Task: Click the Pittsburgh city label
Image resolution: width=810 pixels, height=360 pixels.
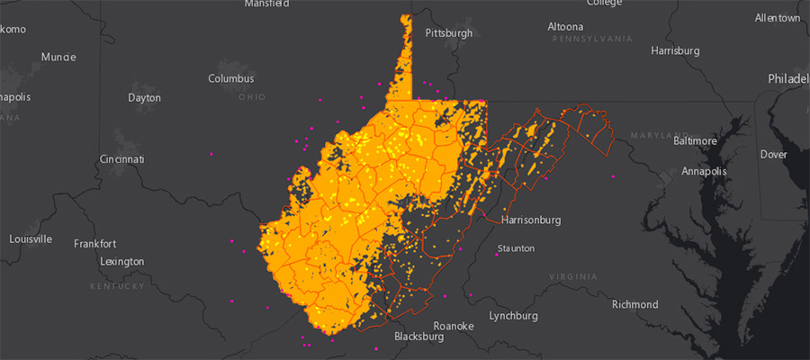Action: click(x=448, y=33)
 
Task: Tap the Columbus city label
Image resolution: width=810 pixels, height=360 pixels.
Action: click(x=231, y=78)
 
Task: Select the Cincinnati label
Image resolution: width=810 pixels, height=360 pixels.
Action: click(x=121, y=159)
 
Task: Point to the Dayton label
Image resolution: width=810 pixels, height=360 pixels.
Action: click(x=144, y=97)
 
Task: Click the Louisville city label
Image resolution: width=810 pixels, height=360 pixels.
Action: click(x=31, y=239)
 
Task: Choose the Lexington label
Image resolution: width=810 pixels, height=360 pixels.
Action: click(x=122, y=261)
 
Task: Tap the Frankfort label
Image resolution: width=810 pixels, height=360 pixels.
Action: click(x=94, y=244)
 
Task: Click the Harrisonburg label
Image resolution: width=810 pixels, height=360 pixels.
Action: click(x=530, y=220)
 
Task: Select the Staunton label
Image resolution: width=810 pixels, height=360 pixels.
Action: click(x=516, y=248)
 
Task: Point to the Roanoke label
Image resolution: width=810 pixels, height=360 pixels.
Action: click(x=453, y=326)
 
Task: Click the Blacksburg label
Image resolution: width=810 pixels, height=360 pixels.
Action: click(x=418, y=337)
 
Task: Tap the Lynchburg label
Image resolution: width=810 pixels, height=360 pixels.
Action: click(x=513, y=316)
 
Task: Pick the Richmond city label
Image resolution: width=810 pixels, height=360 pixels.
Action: click(x=635, y=304)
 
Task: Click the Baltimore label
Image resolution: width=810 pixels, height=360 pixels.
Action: click(x=695, y=140)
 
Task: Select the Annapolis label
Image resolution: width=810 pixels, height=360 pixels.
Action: click(x=704, y=170)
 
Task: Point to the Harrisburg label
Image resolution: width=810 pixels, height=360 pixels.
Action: click(x=675, y=50)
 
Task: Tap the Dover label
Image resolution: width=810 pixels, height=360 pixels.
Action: click(x=774, y=154)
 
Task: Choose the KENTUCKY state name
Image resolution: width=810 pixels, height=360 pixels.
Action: click(x=117, y=286)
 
